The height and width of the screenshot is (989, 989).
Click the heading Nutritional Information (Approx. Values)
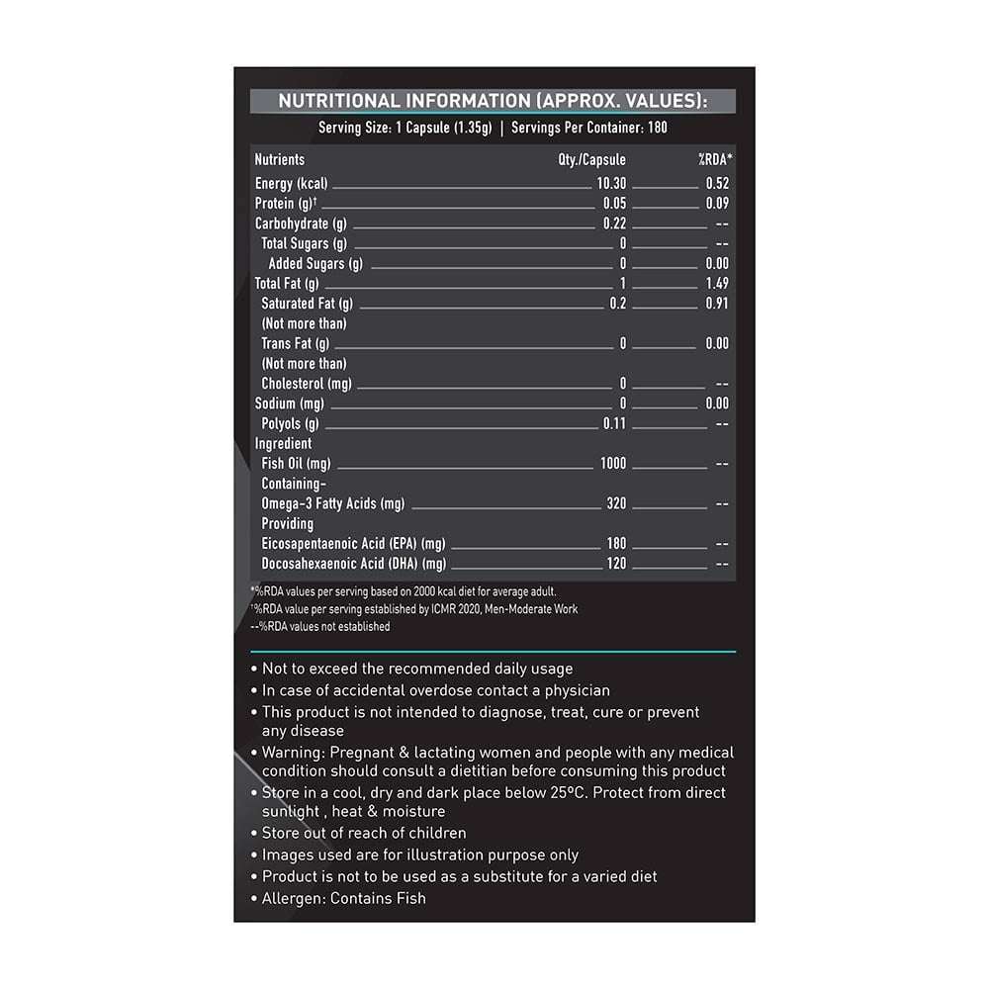(x=493, y=101)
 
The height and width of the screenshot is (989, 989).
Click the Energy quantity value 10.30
(x=611, y=183)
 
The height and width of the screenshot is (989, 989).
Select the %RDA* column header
(x=715, y=159)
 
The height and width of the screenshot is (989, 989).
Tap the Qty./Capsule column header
(x=591, y=159)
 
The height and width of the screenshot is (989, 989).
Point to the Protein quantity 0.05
(x=614, y=204)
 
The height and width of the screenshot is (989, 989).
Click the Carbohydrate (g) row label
(x=299, y=224)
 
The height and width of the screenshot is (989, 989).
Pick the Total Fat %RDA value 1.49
(x=717, y=284)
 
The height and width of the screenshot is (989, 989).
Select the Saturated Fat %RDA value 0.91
(x=717, y=304)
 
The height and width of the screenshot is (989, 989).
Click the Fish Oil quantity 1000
(x=613, y=464)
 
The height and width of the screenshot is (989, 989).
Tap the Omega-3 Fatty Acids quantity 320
(x=616, y=503)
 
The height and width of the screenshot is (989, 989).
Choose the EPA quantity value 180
(x=616, y=544)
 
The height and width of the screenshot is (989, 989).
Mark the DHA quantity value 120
(x=616, y=564)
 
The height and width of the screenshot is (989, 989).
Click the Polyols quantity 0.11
(x=614, y=423)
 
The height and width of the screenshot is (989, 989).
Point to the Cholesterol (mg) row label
(x=307, y=384)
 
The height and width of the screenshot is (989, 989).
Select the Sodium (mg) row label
(x=289, y=404)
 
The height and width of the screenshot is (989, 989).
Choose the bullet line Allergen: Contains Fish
(x=343, y=898)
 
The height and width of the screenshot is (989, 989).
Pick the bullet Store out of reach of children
(x=364, y=834)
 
